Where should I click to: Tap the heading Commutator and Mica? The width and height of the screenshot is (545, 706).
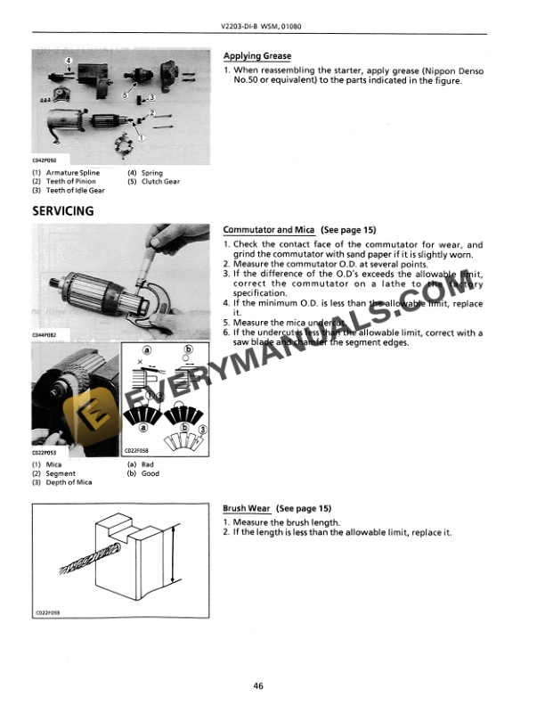point(268,229)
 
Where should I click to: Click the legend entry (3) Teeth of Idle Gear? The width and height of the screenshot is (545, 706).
point(68,190)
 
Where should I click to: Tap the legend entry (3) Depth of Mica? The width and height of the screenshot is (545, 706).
point(61,482)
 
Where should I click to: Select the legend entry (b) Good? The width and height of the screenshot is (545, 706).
point(144,473)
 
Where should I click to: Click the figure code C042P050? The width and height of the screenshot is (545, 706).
point(44,160)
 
